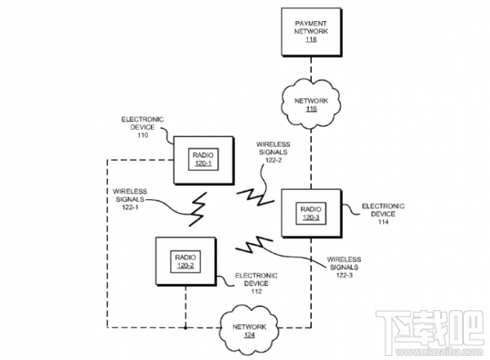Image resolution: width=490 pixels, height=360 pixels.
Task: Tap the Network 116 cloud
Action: click(x=311, y=102)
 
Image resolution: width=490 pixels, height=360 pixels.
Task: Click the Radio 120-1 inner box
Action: click(x=203, y=158)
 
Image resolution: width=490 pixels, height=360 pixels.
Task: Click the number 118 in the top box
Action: click(x=310, y=39)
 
